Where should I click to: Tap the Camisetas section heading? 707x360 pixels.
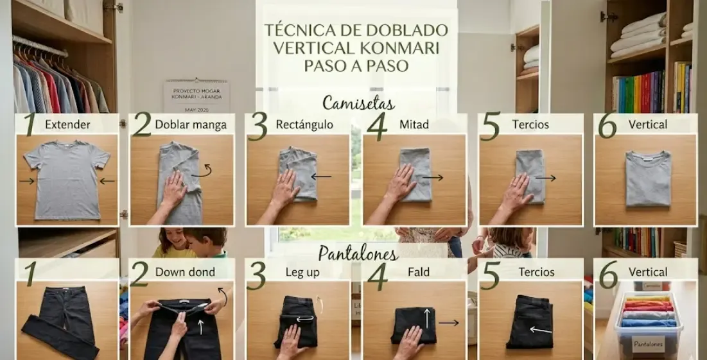point(358,103)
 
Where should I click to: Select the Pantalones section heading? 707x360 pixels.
point(358,252)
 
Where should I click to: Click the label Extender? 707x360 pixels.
point(67,124)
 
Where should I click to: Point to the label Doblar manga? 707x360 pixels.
point(191,124)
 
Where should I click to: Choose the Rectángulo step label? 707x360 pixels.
point(304,124)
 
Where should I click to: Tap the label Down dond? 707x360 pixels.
point(185,271)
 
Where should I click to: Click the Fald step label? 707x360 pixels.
point(419,271)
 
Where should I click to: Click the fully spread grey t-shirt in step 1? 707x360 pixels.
point(66,178)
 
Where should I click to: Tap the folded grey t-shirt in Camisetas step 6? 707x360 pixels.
point(647,178)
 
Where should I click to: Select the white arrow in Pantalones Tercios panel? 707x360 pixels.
point(541,330)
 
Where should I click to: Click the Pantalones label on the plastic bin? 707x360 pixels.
point(648,345)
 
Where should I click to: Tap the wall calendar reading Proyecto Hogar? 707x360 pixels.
point(196,95)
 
